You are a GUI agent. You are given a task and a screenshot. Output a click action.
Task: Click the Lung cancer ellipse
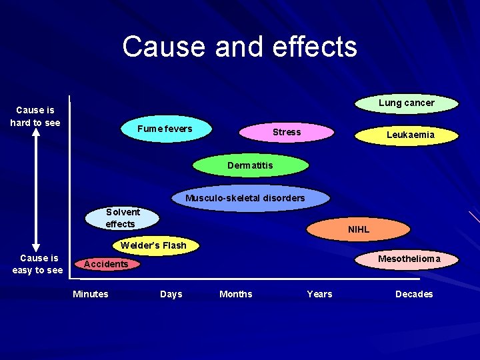point(406,103)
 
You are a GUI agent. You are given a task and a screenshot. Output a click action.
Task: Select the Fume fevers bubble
point(165,129)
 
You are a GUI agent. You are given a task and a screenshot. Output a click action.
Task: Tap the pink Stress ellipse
point(286,132)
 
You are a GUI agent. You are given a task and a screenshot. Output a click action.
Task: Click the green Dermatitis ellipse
point(250,165)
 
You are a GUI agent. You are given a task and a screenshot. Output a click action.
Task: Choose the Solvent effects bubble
point(123,218)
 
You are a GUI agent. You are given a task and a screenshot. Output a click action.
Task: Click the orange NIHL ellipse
point(358,229)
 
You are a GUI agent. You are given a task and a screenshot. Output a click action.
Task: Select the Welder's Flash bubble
point(154,245)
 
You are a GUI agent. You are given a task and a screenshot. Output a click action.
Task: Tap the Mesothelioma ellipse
point(409,259)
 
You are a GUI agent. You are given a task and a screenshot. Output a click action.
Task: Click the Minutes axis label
point(91,294)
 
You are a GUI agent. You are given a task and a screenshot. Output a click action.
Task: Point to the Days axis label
point(171,294)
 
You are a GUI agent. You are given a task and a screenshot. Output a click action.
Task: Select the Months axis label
point(236,294)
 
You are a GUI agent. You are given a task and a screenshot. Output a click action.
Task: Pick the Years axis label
point(319,294)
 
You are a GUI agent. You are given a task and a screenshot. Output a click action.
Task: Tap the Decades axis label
point(414,294)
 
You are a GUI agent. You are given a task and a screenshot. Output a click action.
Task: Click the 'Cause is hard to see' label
point(35,116)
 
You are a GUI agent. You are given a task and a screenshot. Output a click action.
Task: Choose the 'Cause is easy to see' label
point(39,264)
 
